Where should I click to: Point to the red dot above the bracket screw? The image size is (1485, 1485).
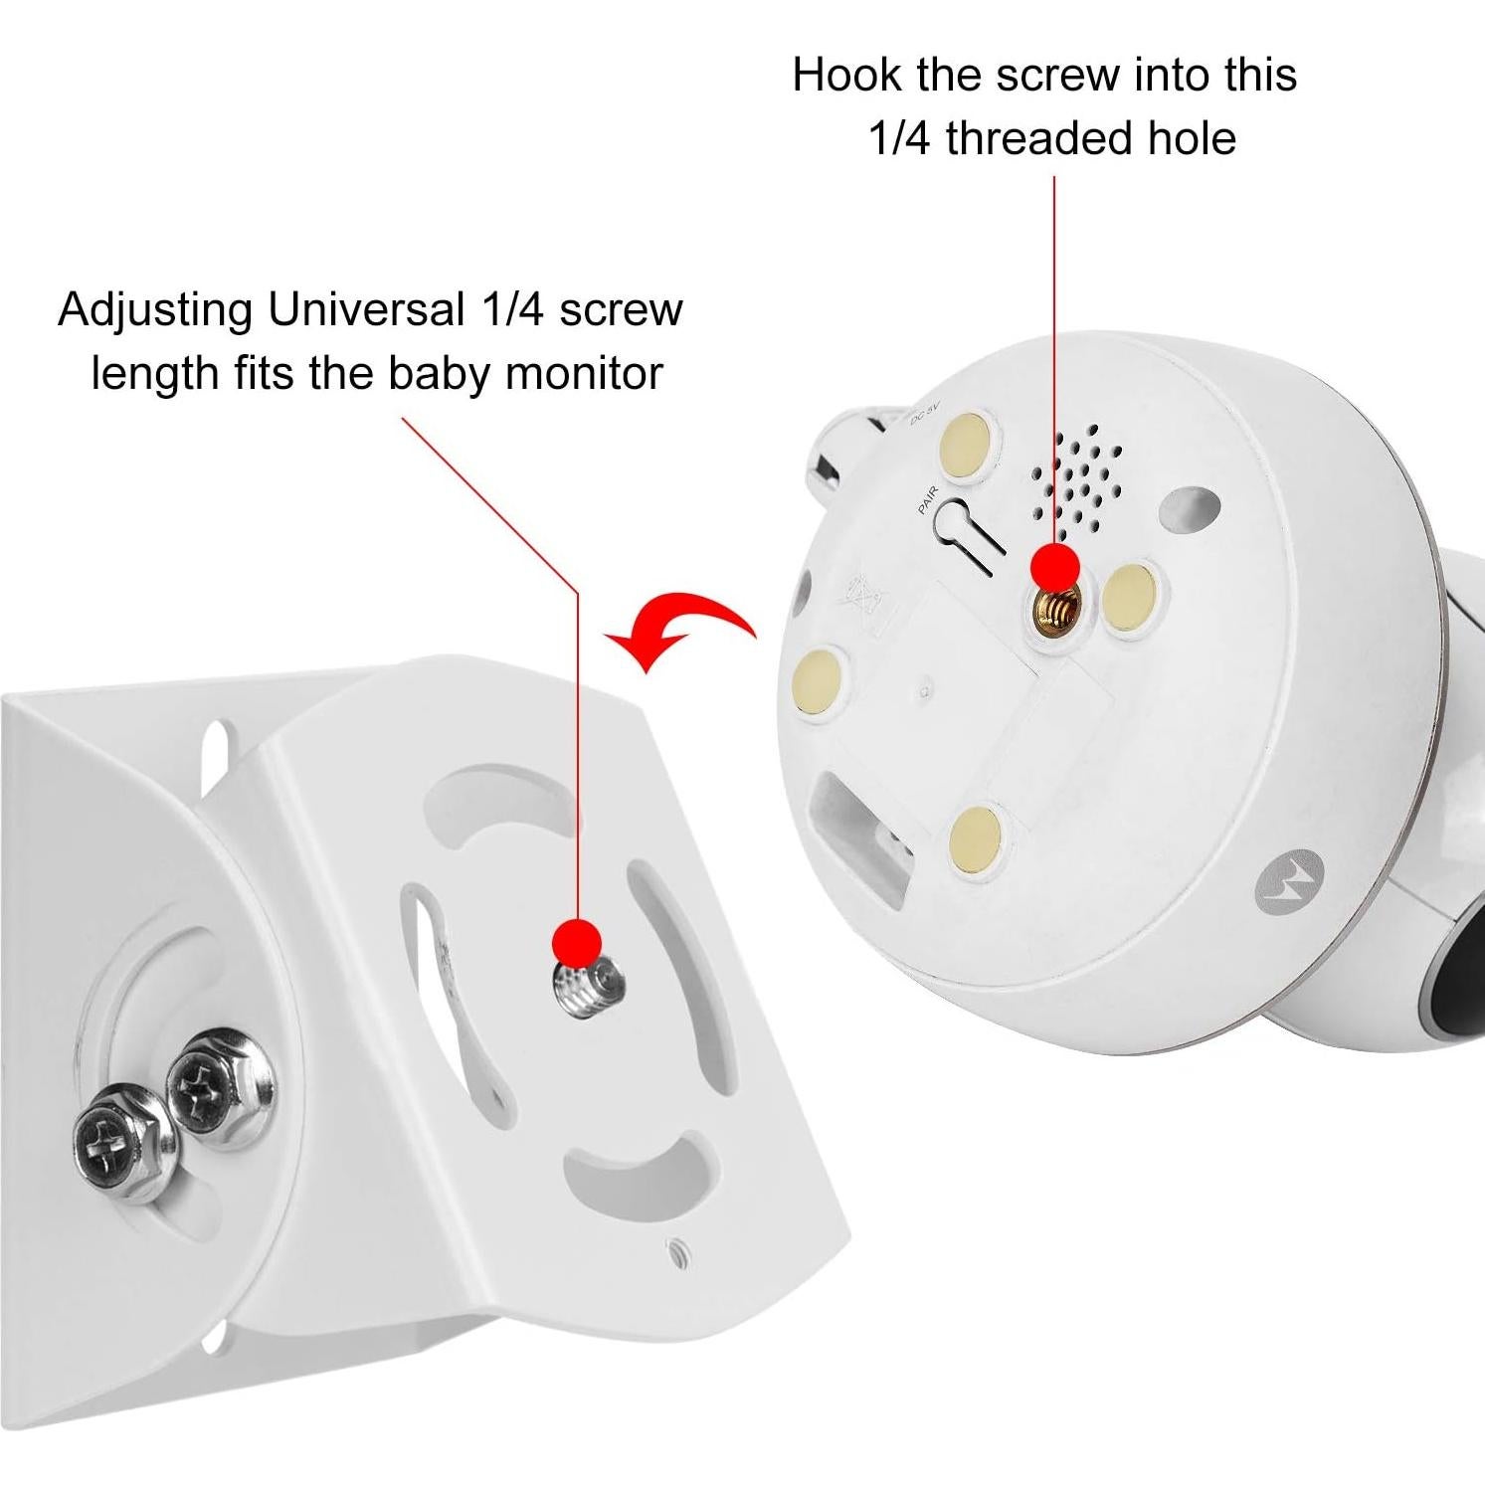point(577,941)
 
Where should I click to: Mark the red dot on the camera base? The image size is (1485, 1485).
point(1054,568)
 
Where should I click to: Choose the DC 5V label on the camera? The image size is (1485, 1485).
point(925,413)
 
